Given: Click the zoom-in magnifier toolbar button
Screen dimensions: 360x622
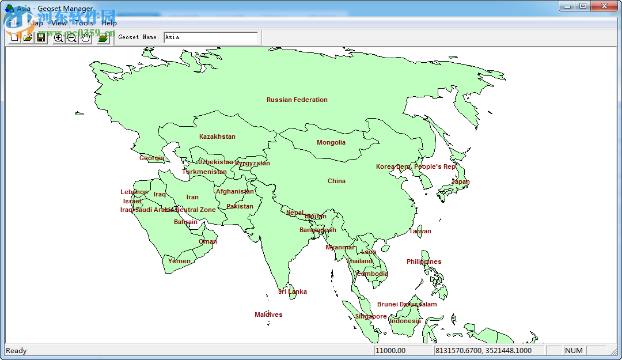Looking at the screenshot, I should pyautogui.click(x=58, y=37).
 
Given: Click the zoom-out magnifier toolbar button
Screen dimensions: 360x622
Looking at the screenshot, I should pyautogui.click(x=72, y=37).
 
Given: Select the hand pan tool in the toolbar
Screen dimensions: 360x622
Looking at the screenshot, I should pyautogui.click(x=86, y=37).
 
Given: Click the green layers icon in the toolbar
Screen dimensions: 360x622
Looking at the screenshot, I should pyautogui.click(x=103, y=37).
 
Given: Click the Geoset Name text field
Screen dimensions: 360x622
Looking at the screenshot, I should pyautogui.click(x=210, y=37).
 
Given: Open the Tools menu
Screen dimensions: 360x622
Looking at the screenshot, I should pyautogui.click(x=84, y=23).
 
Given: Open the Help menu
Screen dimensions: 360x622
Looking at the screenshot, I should pyautogui.click(x=109, y=23).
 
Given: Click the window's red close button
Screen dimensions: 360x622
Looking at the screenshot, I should pyautogui.click(x=605, y=6).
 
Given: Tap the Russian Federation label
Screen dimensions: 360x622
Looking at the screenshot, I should pyautogui.click(x=297, y=100).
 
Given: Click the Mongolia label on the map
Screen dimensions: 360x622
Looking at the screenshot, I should pyautogui.click(x=331, y=142).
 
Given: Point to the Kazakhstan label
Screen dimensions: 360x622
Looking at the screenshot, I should pyautogui.click(x=217, y=137).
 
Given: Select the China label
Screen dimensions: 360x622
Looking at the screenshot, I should pyautogui.click(x=336, y=181).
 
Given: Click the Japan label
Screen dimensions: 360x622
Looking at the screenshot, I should pyautogui.click(x=460, y=181).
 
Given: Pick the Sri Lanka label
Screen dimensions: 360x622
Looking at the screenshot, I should pyautogui.click(x=293, y=291).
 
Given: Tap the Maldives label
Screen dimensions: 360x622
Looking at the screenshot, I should pyautogui.click(x=268, y=314).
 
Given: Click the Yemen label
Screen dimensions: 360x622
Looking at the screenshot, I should pyautogui.click(x=179, y=261).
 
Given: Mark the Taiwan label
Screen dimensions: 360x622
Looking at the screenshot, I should pyautogui.click(x=420, y=231).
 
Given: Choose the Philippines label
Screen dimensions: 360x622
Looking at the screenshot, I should pyautogui.click(x=424, y=262).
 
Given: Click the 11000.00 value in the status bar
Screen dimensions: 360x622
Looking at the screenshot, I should pyautogui.click(x=390, y=350).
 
